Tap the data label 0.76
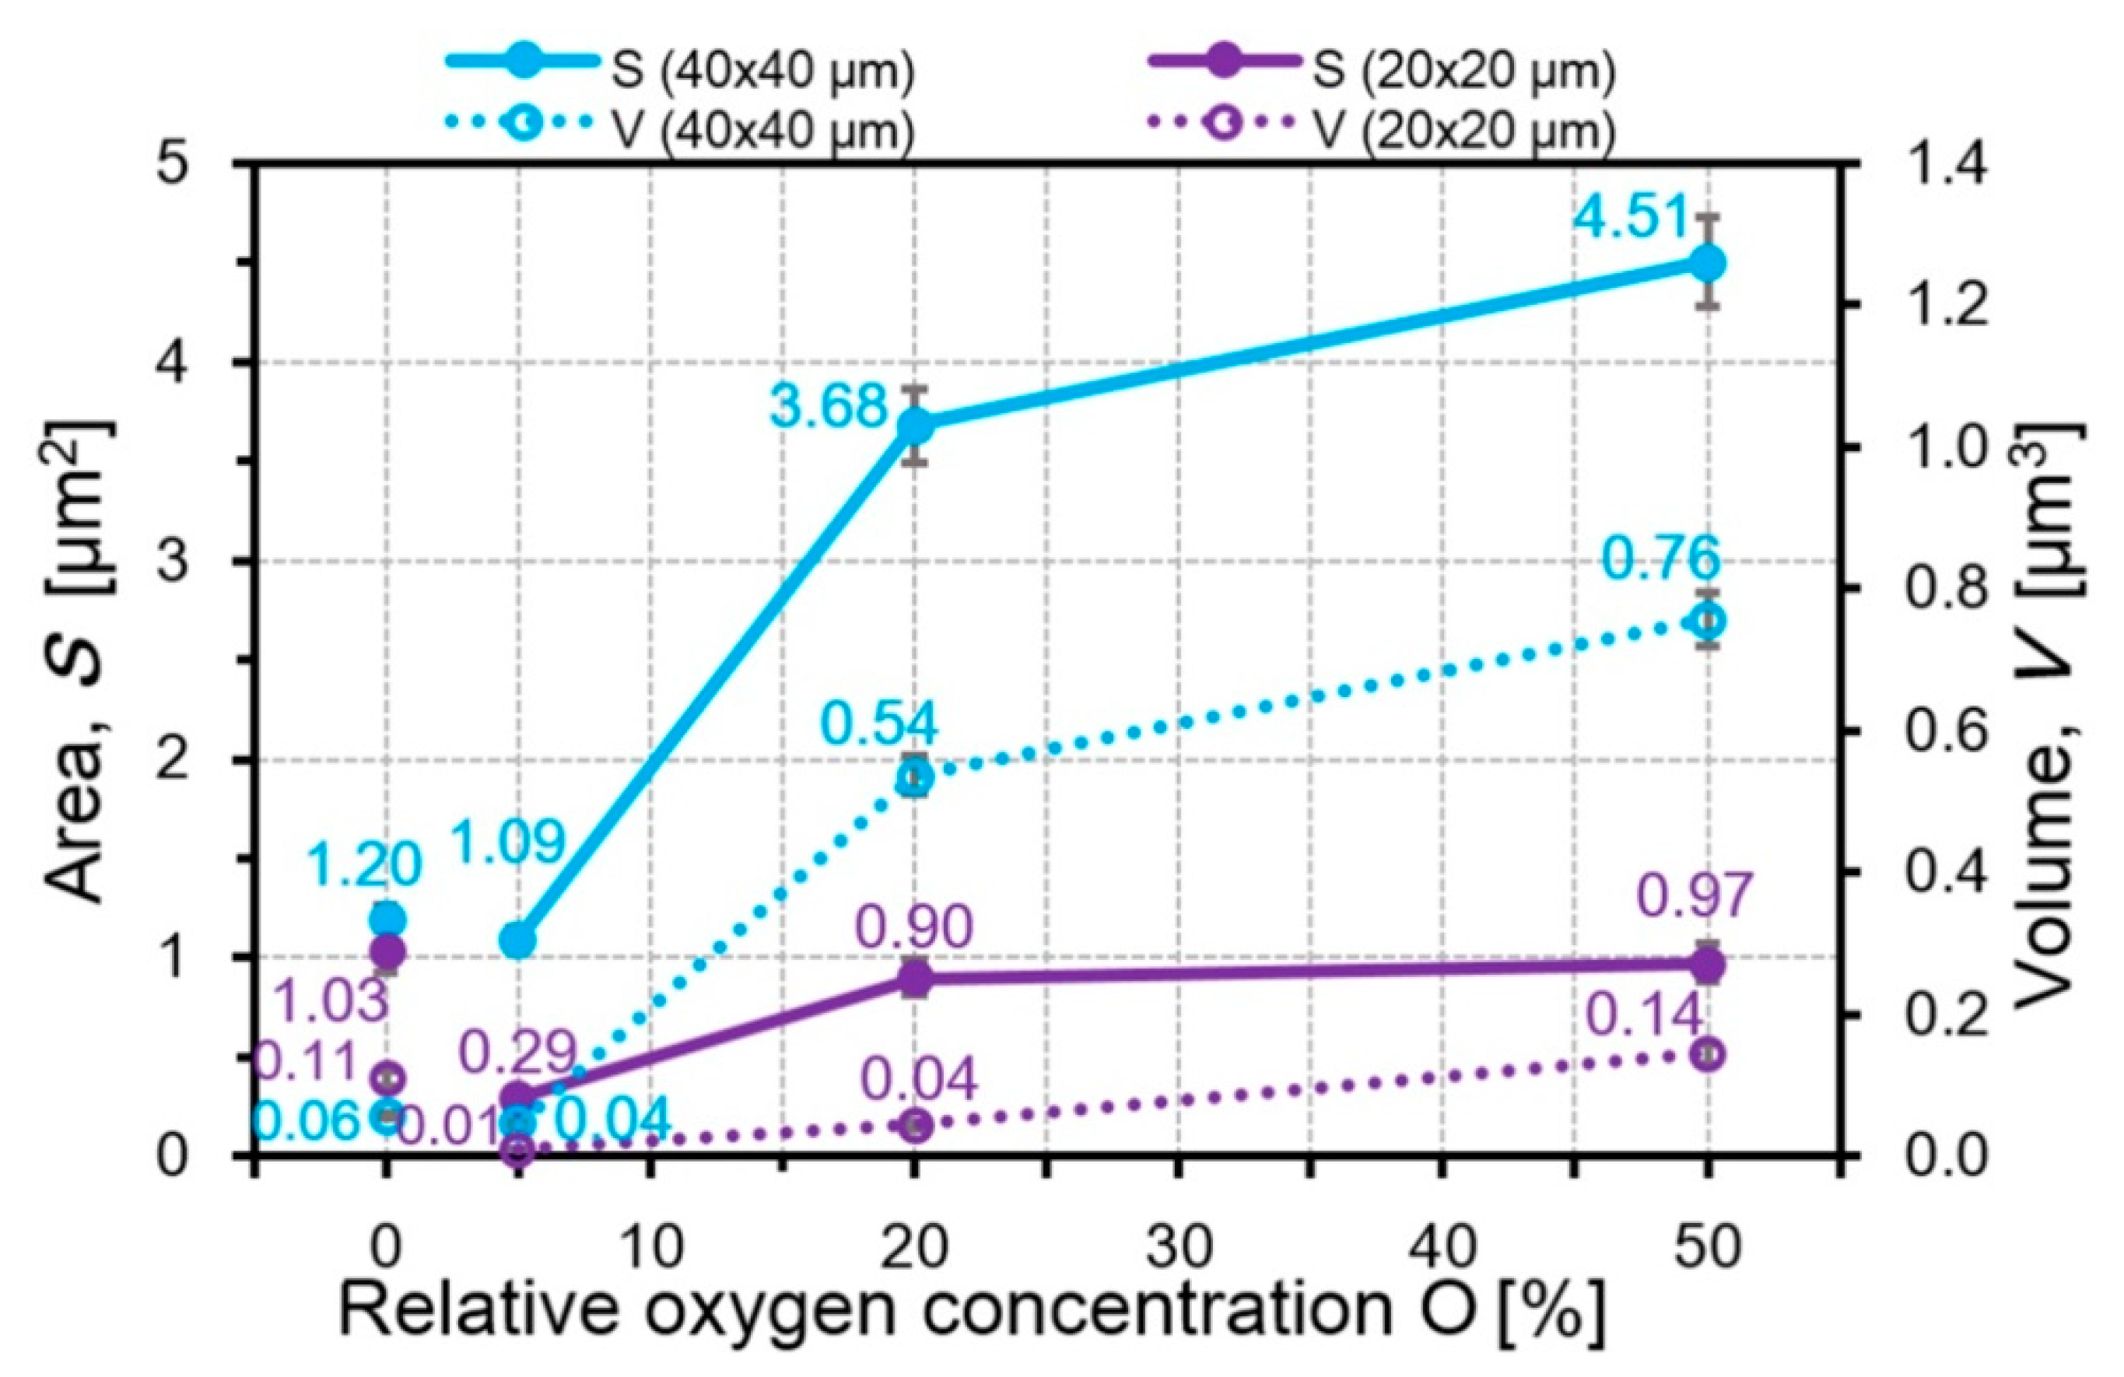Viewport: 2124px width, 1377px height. tap(1661, 559)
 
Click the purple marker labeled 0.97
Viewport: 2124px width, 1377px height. tap(1707, 964)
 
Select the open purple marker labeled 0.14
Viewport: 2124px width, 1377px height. tap(1707, 1054)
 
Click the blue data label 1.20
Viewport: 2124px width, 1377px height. tap(364, 865)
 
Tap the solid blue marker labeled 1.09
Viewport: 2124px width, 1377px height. tap(517, 941)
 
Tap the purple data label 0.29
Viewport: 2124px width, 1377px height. tap(517, 1053)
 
